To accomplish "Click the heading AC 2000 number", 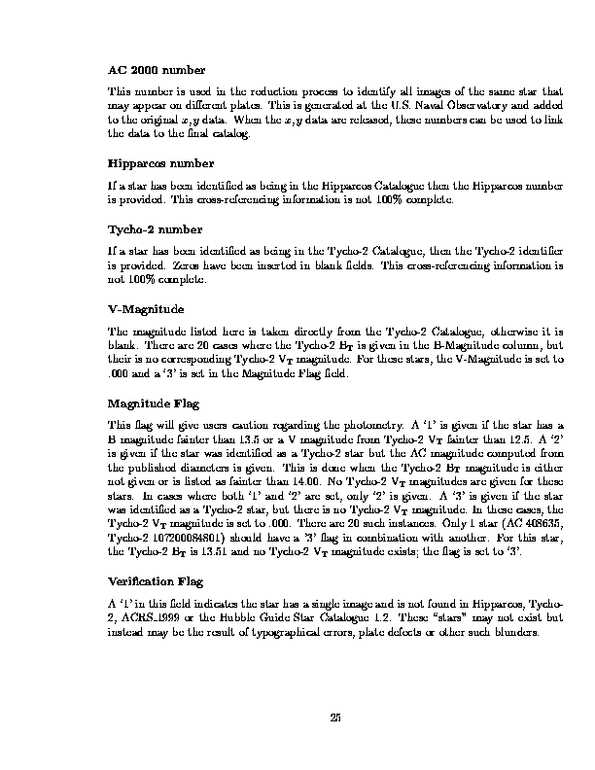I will (x=156, y=70).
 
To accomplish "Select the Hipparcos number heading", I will (x=160, y=162).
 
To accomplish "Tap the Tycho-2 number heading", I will (x=155, y=229).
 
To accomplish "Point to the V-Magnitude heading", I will (x=145, y=309).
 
